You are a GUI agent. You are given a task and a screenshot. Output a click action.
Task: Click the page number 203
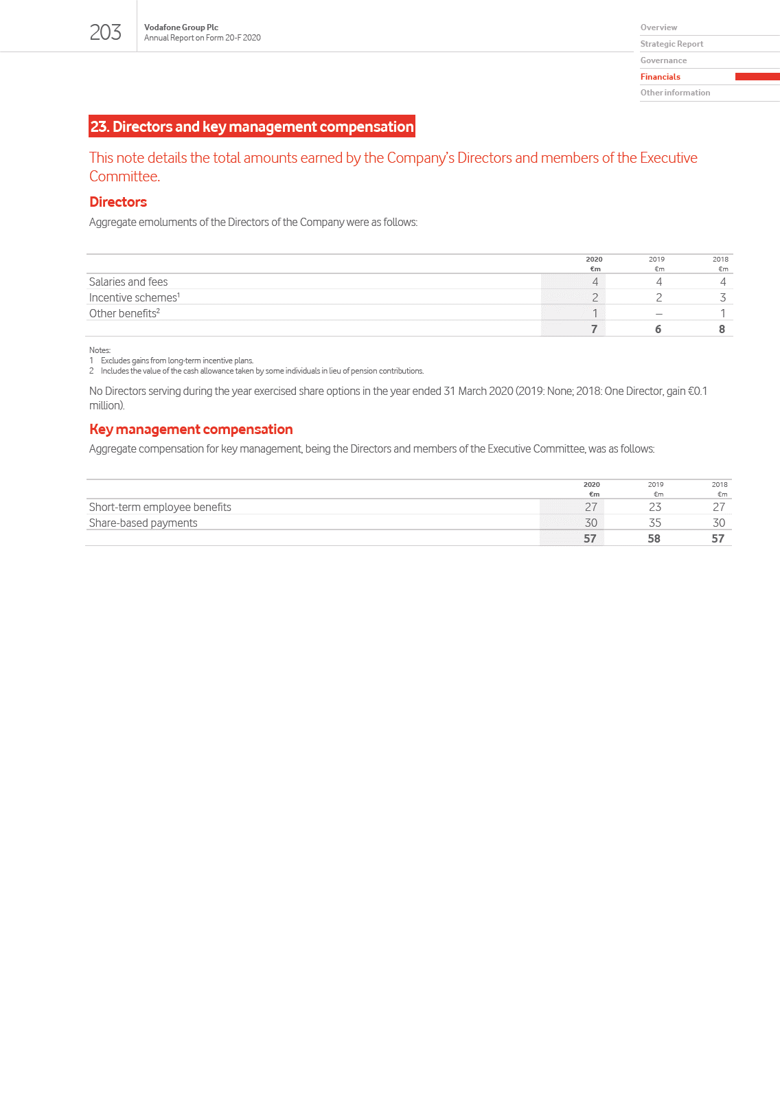click(105, 32)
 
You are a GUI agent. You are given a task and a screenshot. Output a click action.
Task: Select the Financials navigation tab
click(660, 77)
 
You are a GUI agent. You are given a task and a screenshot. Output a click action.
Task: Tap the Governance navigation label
click(663, 60)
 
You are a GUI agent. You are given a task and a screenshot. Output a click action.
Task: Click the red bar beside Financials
click(757, 77)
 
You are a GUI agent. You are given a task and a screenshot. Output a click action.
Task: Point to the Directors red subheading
click(118, 202)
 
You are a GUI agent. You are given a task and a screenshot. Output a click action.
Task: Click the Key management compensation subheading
click(191, 429)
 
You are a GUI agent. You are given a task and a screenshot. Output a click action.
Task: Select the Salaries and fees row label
click(128, 282)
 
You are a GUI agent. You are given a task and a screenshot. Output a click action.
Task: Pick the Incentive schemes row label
click(134, 297)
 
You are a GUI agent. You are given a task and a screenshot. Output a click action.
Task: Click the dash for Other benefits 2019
click(658, 314)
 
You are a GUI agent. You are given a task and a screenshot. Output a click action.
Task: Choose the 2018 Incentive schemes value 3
click(722, 297)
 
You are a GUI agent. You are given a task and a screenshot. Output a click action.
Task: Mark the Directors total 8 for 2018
click(722, 329)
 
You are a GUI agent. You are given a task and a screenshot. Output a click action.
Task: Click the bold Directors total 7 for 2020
click(594, 329)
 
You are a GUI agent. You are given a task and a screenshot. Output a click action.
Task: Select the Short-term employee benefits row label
click(160, 507)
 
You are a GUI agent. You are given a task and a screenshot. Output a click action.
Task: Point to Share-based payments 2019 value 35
click(655, 523)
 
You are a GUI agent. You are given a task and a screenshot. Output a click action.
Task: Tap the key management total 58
click(654, 538)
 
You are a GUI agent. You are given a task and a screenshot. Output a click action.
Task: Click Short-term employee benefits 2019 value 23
click(655, 507)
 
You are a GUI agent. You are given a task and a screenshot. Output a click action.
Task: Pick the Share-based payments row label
click(143, 523)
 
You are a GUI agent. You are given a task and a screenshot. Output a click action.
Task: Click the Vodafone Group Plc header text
click(181, 27)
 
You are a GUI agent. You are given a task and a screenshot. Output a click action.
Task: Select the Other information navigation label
click(675, 93)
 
